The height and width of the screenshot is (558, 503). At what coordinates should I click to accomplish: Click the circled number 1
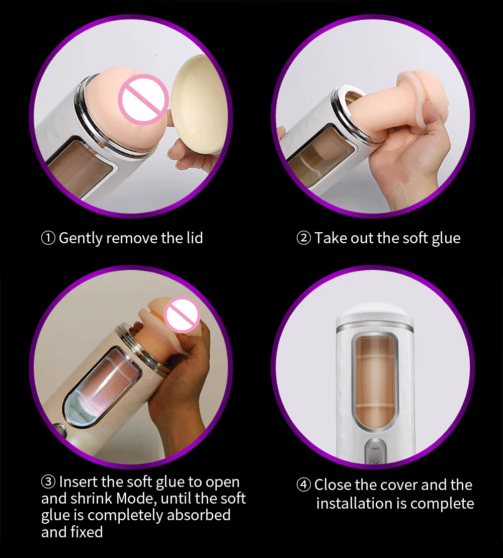48,238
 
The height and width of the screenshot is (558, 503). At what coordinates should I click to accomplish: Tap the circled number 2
304,238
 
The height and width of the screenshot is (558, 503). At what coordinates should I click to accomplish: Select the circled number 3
48,482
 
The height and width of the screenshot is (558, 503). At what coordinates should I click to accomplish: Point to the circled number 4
304,484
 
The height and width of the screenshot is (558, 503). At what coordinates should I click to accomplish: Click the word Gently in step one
80,238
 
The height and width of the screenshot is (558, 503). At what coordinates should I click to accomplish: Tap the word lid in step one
195,237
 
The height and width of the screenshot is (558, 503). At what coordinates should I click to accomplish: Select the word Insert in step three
78,481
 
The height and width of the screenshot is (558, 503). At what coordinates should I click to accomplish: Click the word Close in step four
332,484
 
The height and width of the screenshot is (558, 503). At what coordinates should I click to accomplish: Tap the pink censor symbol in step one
143,99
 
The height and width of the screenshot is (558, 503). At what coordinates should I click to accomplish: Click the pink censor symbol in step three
183,315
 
